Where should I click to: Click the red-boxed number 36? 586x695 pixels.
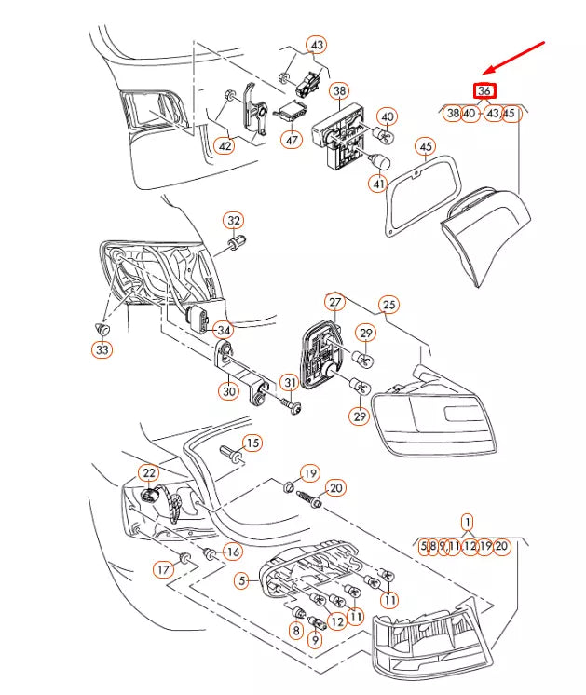click(484, 91)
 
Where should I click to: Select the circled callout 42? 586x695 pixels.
click(225, 145)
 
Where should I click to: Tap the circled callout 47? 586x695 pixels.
click(293, 141)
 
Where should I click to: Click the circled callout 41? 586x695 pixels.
click(377, 184)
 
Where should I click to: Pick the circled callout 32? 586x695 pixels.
click(233, 221)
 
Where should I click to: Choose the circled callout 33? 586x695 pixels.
click(102, 349)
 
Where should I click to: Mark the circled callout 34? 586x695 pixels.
click(223, 330)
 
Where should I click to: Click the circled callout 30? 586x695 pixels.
click(229, 391)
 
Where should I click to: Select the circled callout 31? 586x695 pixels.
click(290, 382)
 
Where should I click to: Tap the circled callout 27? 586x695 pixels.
click(334, 302)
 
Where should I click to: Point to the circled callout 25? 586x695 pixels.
click(388, 305)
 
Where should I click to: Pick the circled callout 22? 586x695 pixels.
click(150, 474)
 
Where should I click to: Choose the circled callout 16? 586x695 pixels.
click(233, 552)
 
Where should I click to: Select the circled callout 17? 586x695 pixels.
click(164, 568)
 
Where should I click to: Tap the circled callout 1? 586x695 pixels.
click(467, 523)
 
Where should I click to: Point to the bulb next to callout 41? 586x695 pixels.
click(379, 163)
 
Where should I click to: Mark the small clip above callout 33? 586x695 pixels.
click(103, 329)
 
